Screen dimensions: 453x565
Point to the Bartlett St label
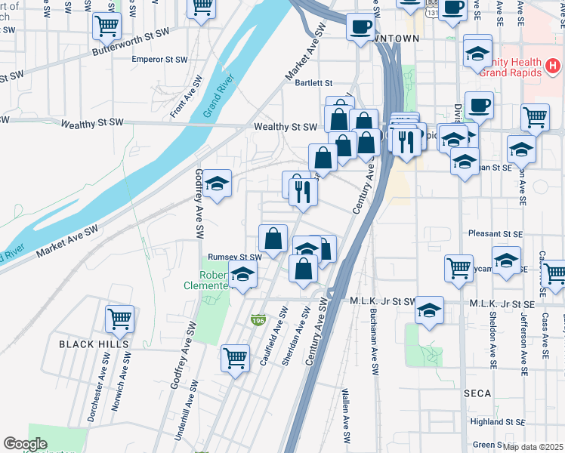click(314, 83)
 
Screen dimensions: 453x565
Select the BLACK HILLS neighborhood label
click(93, 344)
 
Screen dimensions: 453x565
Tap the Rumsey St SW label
click(234, 257)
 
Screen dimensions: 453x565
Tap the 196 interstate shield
click(258, 320)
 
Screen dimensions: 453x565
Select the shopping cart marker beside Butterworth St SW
click(107, 26)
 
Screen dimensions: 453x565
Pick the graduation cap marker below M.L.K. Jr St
click(429, 311)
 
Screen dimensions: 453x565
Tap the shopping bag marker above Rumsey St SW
click(273, 239)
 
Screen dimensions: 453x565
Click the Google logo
click(25, 444)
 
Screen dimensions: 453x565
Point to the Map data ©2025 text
click(533, 447)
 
